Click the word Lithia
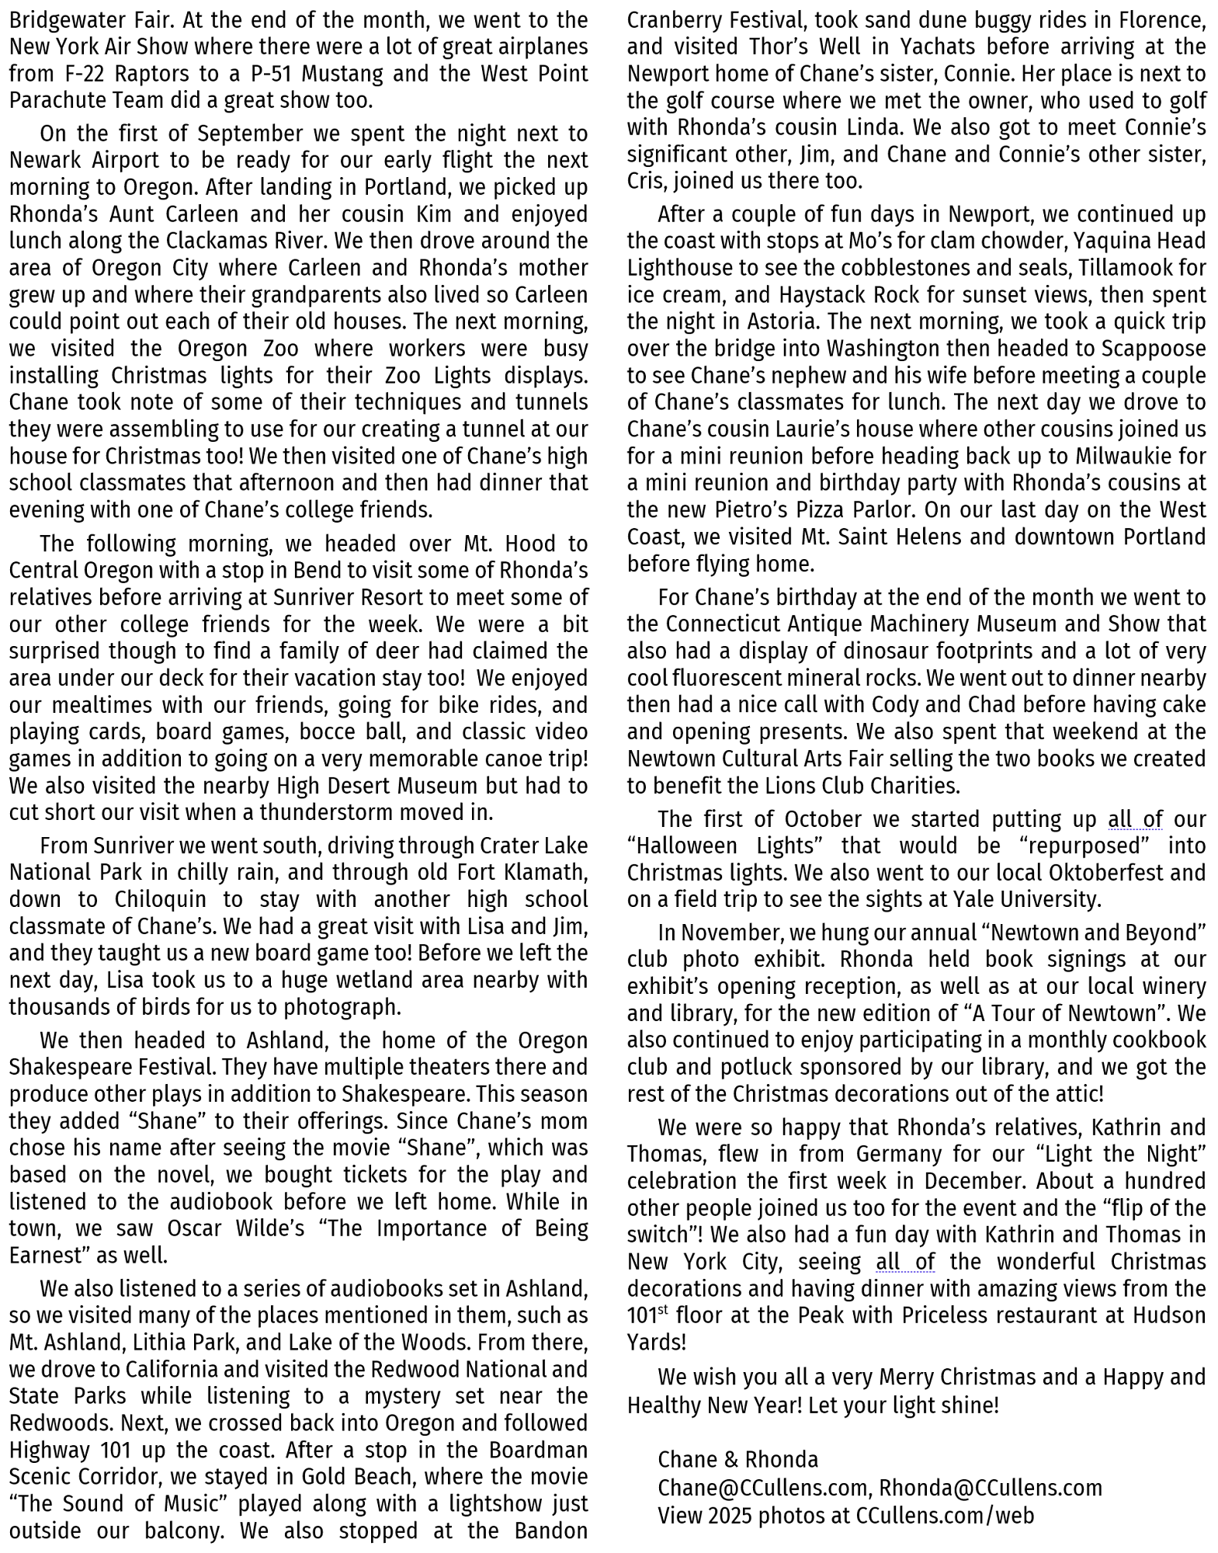click(164, 1342)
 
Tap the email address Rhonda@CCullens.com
click(990, 1487)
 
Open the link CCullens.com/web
click(945, 1515)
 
